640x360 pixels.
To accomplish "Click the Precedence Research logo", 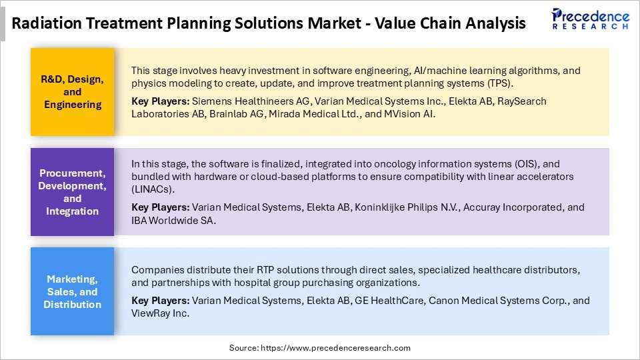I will point(590,20).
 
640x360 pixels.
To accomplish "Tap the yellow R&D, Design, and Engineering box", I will point(73,92).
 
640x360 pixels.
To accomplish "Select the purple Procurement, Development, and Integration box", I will point(73,192).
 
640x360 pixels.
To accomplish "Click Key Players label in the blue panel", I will point(160,301).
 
